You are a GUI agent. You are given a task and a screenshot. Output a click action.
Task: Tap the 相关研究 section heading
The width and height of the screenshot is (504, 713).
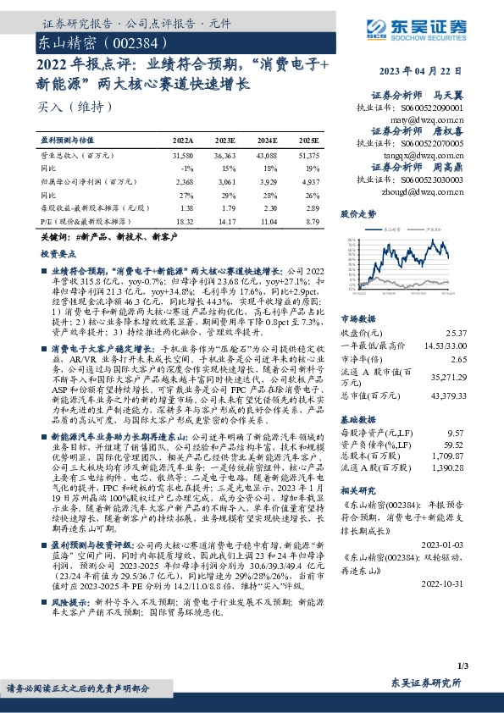click(357, 489)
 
